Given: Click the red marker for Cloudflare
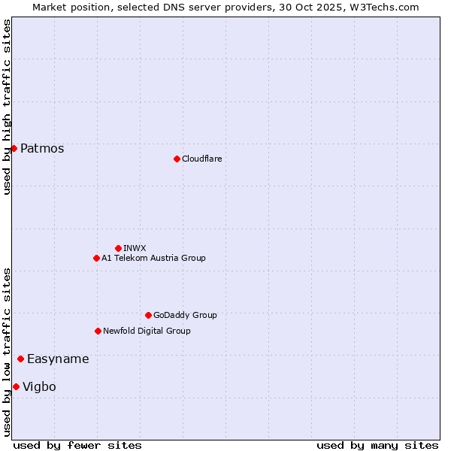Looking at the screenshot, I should tap(177, 159).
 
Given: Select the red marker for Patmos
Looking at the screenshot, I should tap(14, 148).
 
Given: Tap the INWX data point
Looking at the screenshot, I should tap(118, 248).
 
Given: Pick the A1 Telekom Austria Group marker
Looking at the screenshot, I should tap(96, 258).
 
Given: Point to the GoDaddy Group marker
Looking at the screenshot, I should tap(148, 315).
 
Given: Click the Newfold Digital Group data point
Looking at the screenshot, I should tap(98, 331).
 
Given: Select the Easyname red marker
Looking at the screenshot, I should tap(20, 359).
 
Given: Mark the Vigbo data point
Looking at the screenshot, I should tap(16, 386).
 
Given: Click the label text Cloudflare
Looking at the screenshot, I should tap(202, 159).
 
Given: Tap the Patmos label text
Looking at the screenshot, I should tap(42, 148).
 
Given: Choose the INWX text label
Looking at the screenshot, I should tap(135, 248).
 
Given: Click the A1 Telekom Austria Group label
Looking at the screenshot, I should tap(153, 258).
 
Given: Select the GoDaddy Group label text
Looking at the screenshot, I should tap(185, 315).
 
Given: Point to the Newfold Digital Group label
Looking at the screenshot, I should tap(147, 331).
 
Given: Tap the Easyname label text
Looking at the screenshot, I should tap(58, 359).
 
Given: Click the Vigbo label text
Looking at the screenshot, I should tap(39, 386).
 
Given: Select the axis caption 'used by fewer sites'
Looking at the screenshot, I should tap(77, 445).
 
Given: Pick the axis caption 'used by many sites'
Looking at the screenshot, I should tap(377, 445).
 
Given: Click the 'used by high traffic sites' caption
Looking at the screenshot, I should tap(7, 107).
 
